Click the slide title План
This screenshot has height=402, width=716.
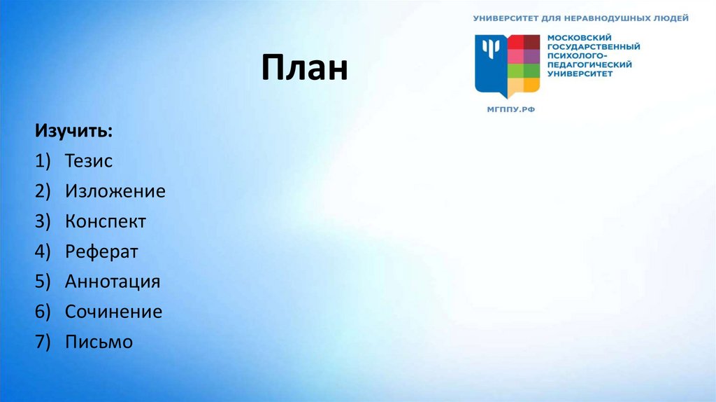point(305,69)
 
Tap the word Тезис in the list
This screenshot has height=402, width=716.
point(89,161)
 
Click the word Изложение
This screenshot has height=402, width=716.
point(115,191)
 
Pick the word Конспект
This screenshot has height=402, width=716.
point(106,221)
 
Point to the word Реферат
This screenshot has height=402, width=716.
point(102,251)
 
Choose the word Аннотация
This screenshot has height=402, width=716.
point(113,282)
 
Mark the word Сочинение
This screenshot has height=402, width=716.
point(113,312)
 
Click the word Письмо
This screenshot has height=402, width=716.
point(99,342)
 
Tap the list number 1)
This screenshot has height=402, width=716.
point(45,161)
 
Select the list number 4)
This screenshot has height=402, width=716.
point(45,251)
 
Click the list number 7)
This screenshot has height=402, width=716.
point(45,342)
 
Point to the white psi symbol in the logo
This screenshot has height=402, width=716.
point(491,49)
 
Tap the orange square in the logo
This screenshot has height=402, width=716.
point(532,85)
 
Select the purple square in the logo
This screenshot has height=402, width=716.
point(532,56)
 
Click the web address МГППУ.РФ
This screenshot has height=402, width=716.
point(510,109)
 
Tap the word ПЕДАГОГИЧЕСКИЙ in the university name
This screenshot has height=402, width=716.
point(589,64)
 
